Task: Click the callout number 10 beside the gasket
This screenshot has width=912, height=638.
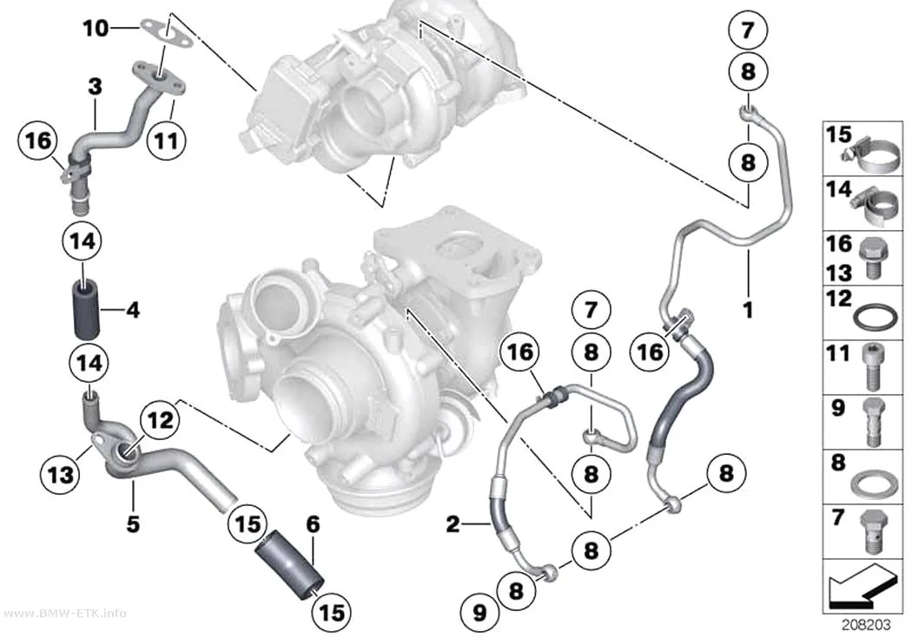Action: click(x=96, y=27)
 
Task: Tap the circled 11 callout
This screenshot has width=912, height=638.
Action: click(x=167, y=141)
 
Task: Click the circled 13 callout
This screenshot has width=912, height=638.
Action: click(x=61, y=474)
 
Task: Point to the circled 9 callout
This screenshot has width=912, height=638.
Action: click(x=479, y=613)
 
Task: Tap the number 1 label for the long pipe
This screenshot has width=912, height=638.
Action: click(x=748, y=310)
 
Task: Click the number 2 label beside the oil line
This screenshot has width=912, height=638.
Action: click(x=453, y=524)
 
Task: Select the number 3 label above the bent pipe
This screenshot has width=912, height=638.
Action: click(x=95, y=87)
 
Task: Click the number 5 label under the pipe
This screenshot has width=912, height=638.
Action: click(x=133, y=524)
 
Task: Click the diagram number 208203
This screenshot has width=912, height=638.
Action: click(x=866, y=625)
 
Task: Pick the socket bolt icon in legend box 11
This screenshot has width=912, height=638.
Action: click(x=870, y=367)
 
